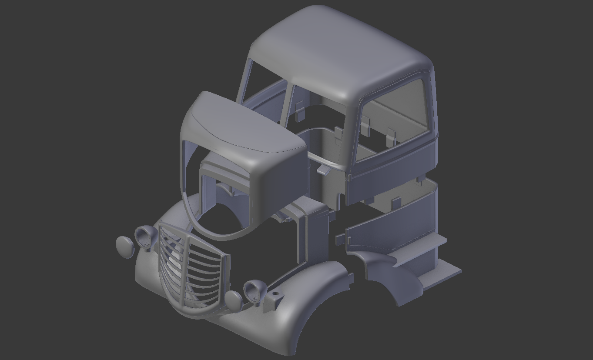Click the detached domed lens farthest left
click(x=125, y=247)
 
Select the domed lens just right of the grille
click(x=234, y=301)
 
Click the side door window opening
click(x=394, y=122)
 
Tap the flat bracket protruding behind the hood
click(x=323, y=169)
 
